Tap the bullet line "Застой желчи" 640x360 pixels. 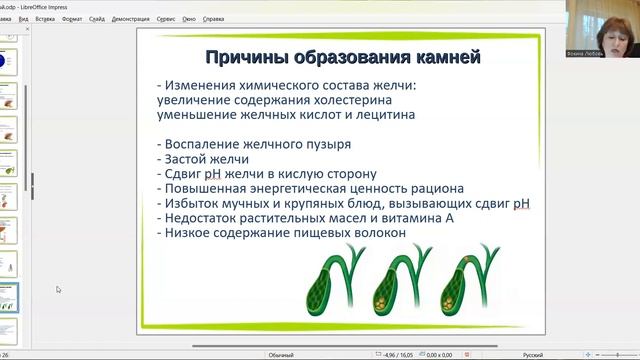click(203, 158)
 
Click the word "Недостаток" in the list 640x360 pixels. click(205, 218)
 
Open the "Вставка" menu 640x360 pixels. click(45, 19)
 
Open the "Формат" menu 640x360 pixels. click(72, 19)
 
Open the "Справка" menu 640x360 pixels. click(213, 19)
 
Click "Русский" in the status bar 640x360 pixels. click(535, 354)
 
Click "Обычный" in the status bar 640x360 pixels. click(281, 354)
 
